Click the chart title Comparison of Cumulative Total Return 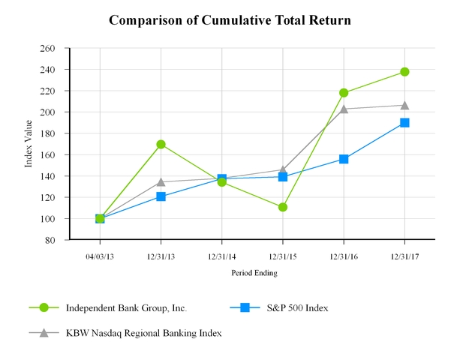pos(230,19)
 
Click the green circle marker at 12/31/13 pos(161,144)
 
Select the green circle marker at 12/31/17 pos(404,72)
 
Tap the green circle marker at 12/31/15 pos(283,207)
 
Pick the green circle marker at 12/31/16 pos(344,93)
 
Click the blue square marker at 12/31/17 pos(404,122)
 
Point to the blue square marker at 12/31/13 pos(161,196)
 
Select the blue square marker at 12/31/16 pos(344,159)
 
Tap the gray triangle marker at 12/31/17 pos(404,105)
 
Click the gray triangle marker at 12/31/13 pos(161,181)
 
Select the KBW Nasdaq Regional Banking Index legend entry pos(143,332)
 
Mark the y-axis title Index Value pos(29,144)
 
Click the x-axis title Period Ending pos(253,273)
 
